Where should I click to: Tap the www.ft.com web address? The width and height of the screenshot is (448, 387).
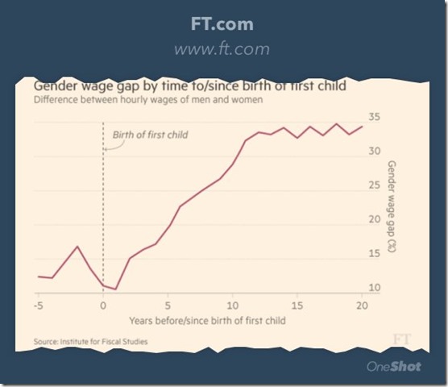click(x=223, y=50)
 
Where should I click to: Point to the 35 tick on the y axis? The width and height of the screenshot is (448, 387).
click(x=374, y=118)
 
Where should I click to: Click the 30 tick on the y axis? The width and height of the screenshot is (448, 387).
click(x=374, y=152)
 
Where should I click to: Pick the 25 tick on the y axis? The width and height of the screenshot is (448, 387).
click(x=374, y=185)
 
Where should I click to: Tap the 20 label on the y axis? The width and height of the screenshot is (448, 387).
click(x=374, y=219)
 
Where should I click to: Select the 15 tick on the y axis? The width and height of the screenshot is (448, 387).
click(x=374, y=254)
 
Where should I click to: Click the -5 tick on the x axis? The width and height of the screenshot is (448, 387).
click(x=37, y=306)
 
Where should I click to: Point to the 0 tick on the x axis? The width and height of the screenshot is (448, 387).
click(x=103, y=306)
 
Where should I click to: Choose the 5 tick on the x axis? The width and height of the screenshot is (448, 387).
click(x=168, y=306)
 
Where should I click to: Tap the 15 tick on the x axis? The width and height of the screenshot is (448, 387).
click(x=297, y=306)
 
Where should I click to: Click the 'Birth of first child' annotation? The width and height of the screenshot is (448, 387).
click(x=150, y=135)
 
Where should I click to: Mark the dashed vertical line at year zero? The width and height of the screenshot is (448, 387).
click(x=103, y=210)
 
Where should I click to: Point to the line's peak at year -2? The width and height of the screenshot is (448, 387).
click(x=77, y=247)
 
